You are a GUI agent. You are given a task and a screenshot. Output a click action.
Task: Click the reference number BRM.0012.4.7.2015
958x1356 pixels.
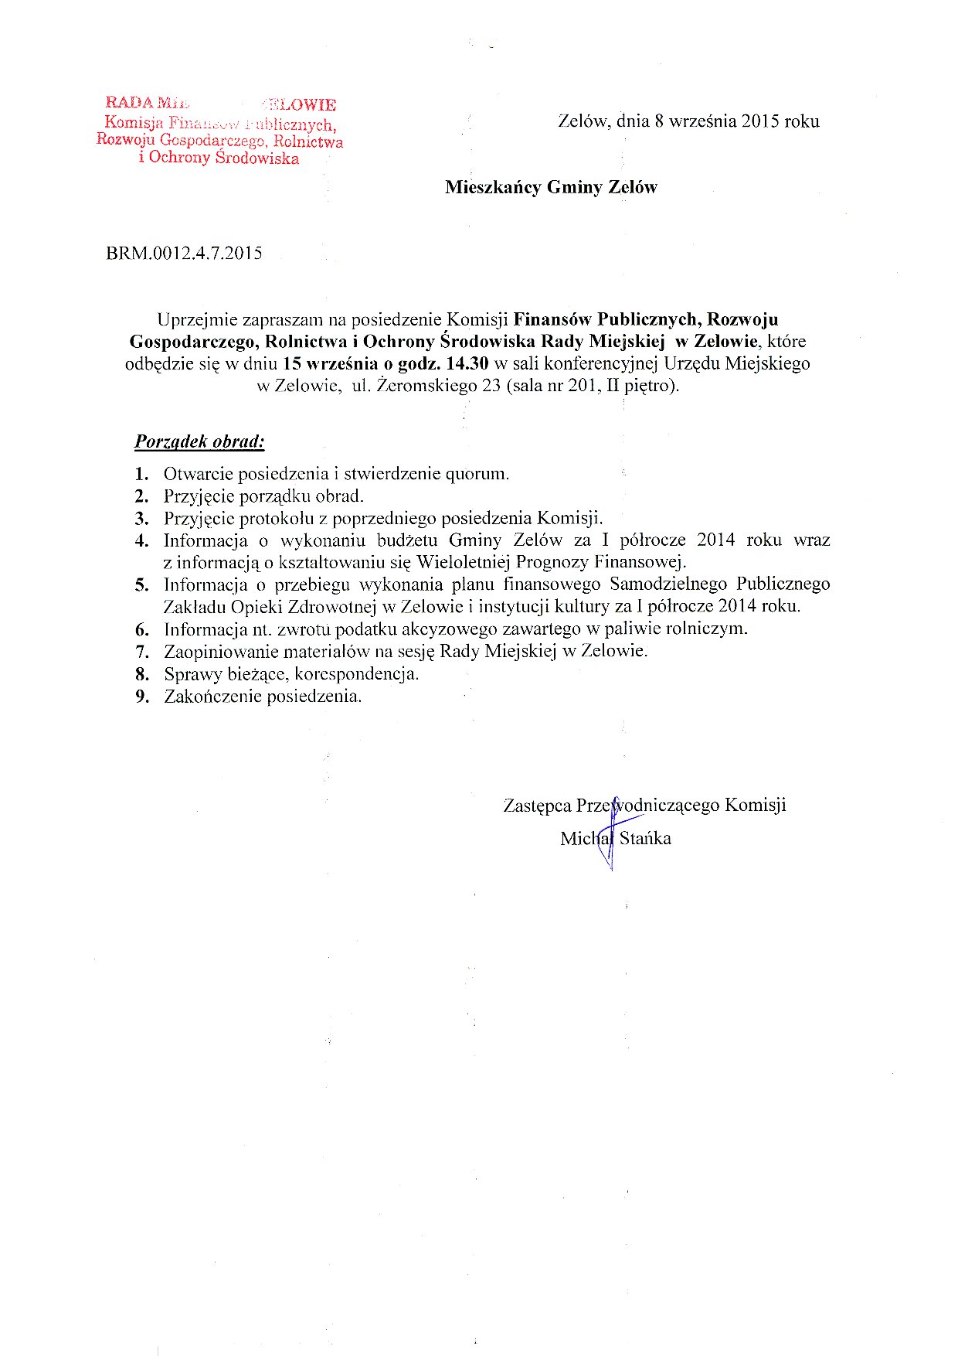[184, 253]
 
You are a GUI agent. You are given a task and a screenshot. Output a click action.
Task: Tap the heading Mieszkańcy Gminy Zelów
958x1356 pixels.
[551, 187]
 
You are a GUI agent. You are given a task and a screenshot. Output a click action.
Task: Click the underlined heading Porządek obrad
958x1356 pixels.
[199, 441]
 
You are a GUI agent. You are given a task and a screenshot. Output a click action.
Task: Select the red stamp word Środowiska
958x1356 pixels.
[257, 158]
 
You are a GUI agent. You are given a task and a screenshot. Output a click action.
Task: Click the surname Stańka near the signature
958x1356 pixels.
[645, 838]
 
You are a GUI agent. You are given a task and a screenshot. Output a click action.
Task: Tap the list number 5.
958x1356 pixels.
[141, 584]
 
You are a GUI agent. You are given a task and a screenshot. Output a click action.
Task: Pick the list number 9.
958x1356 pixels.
[141, 697]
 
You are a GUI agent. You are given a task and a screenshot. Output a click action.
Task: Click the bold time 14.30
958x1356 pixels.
[462, 363]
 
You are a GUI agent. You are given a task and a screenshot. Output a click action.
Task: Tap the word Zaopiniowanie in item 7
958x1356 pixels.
[219, 651]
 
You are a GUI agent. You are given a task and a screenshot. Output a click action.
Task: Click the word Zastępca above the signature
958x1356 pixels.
[537, 806]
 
